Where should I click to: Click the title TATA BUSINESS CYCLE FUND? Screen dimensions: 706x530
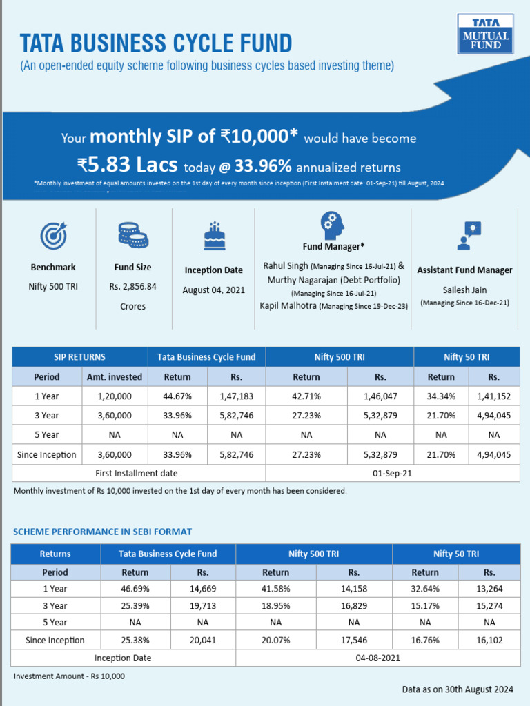156,43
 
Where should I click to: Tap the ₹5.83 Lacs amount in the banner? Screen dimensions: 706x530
127,166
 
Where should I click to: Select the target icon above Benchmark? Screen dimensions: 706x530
53,236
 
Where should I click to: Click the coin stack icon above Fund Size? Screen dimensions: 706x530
132,234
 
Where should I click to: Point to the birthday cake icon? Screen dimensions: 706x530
214,236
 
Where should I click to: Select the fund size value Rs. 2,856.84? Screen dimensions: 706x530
132,286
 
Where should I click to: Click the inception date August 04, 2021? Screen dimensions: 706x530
214,290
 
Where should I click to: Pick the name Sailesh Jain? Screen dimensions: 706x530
464,290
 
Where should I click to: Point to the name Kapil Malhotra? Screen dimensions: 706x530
288,305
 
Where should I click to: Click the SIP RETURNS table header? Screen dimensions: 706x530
80,357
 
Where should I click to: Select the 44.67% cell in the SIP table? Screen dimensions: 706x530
177,396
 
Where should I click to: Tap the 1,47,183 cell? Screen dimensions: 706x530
237,396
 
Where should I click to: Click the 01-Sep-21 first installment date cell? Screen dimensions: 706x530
393,473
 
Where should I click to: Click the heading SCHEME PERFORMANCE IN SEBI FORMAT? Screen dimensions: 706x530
103,532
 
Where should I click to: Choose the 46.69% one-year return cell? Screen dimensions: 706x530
135,589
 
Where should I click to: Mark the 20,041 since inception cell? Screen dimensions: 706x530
202,641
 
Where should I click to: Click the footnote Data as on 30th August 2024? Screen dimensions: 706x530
458,689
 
